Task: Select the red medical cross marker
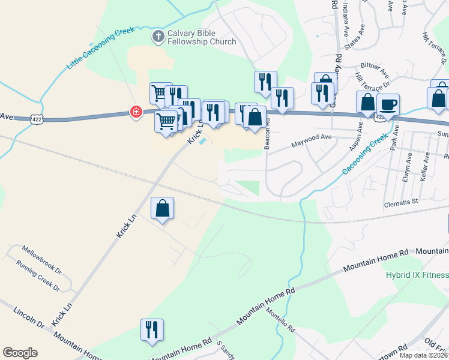click(x=137, y=112)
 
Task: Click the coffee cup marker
click(x=388, y=104)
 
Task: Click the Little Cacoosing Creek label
click(x=101, y=47)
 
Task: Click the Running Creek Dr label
click(x=39, y=275)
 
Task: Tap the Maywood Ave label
click(x=311, y=141)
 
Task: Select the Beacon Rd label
click(x=268, y=133)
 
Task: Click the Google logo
click(x=20, y=353)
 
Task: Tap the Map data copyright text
click(x=423, y=355)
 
